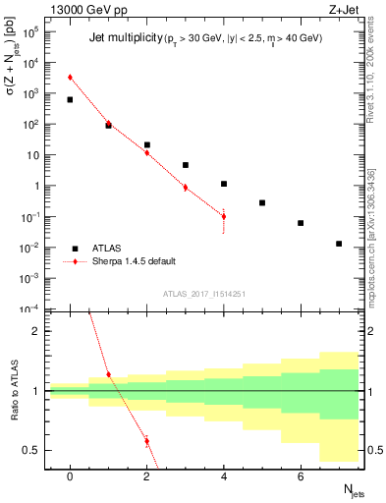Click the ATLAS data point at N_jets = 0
(x=70, y=99)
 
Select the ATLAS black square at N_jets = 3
(x=185, y=165)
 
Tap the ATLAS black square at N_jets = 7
(x=339, y=244)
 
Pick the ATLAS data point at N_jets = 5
(x=262, y=202)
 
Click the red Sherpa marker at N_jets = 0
(x=70, y=77)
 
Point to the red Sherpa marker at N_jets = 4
(x=224, y=216)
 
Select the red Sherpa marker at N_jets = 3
(x=185, y=187)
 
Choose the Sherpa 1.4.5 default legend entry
(x=127, y=261)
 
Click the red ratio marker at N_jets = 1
(x=108, y=374)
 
